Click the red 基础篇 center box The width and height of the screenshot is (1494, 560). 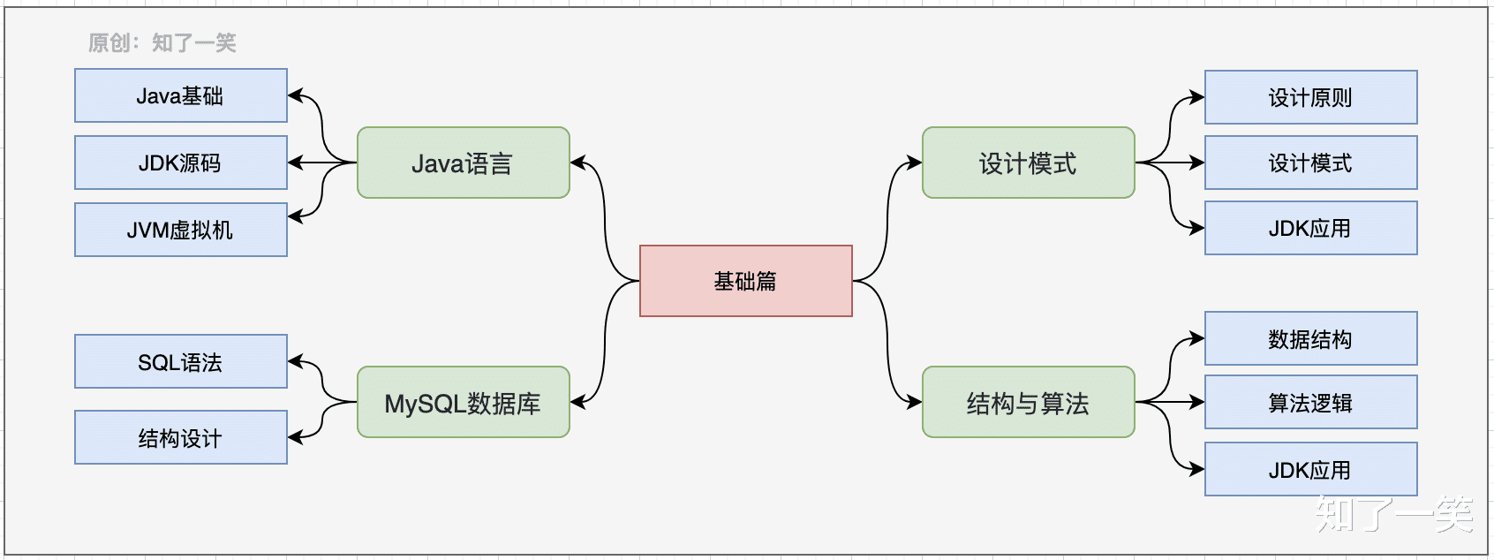[x=745, y=281]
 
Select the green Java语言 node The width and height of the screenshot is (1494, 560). [x=463, y=163]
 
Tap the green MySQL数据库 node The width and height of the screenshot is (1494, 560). [x=463, y=402]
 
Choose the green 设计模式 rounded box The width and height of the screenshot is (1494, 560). [x=1028, y=163]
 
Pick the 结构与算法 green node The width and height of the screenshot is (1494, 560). [x=1028, y=402]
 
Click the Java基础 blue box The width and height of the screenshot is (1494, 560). [x=180, y=95]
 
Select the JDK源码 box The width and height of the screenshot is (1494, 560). [x=180, y=163]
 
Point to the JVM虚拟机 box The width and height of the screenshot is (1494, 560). [x=180, y=230]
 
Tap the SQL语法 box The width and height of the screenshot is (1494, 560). [x=180, y=361]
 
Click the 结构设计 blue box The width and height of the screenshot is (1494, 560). [x=180, y=437]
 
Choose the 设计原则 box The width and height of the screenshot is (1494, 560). [x=1310, y=97]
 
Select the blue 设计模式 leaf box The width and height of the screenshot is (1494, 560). [x=1310, y=163]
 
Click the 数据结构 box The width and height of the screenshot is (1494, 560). [x=1310, y=338]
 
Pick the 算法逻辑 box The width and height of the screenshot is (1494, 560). [x=1310, y=402]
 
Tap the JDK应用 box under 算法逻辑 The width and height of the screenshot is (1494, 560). [x=1310, y=469]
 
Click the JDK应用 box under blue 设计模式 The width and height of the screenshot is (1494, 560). [x=1310, y=228]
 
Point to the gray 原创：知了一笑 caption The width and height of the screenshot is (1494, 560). [x=162, y=42]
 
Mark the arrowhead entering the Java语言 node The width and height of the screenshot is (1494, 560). [x=578, y=163]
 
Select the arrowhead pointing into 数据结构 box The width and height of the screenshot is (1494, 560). [x=1196, y=338]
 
